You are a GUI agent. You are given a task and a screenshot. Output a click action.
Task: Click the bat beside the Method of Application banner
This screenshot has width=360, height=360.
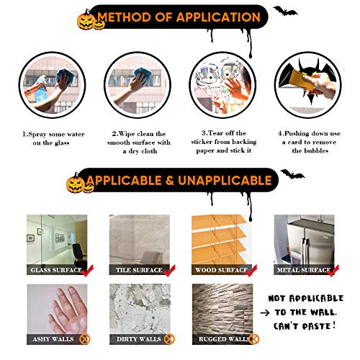tap(285, 12)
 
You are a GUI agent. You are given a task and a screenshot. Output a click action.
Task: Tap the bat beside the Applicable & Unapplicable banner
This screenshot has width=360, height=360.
tap(292, 174)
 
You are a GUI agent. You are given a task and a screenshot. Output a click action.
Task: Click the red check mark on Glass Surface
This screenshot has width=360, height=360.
tap(87, 271)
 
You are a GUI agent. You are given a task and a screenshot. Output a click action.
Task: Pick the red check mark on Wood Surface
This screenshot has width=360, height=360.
tap(251, 271)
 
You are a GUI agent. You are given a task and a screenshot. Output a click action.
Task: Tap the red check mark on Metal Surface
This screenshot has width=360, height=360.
tap(333, 271)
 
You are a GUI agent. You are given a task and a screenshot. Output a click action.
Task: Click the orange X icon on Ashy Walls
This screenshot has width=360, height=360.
tap(84, 339)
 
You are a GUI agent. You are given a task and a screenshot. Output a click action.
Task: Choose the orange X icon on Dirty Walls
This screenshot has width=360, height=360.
tap(169, 339)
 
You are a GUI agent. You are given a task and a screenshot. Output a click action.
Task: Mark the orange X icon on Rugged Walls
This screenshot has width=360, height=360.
tap(254, 339)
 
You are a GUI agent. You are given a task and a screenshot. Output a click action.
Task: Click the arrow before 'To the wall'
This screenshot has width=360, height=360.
tap(265, 312)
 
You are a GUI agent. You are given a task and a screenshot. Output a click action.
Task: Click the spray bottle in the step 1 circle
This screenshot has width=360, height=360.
tap(40, 89)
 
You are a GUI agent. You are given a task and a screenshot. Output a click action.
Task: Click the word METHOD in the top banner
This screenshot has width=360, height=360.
tap(124, 17)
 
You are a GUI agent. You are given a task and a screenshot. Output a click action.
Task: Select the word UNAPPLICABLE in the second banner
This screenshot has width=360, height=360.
tap(225, 181)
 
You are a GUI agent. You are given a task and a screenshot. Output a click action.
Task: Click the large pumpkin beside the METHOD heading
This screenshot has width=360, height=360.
tap(86, 20)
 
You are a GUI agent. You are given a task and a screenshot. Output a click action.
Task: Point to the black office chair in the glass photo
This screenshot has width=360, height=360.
tap(80, 253)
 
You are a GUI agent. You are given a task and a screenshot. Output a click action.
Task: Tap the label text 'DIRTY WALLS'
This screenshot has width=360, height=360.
tap(139, 339)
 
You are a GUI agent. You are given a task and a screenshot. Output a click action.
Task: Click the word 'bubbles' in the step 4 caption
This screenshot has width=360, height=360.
tap(310, 150)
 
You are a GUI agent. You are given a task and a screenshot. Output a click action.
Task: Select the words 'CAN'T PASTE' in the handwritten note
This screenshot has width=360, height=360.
tap(305, 326)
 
